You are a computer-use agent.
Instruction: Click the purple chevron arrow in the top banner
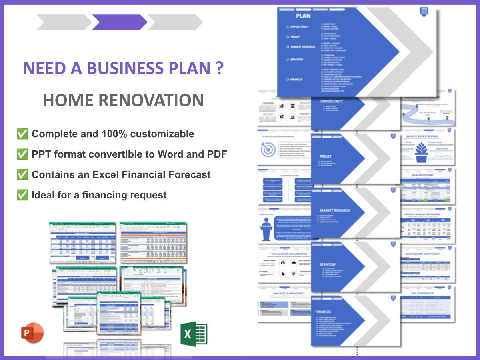click(119, 22)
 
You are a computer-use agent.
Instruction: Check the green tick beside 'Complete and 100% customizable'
click(22, 134)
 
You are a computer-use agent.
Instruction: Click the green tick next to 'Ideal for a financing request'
click(22, 195)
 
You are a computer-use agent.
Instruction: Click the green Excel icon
click(194, 334)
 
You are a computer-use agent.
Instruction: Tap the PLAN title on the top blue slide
click(303, 16)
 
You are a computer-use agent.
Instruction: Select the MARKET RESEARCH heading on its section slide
click(335, 210)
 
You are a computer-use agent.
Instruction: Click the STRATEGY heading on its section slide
click(328, 264)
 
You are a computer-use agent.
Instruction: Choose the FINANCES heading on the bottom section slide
click(323, 312)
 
